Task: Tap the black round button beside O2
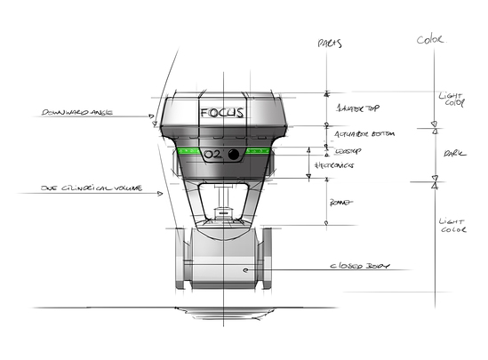235,155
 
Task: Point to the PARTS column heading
329,43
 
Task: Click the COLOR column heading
432,39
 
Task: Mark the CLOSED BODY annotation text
359,265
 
